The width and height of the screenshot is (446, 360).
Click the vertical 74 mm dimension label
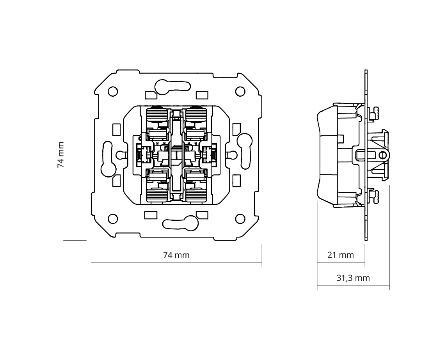point(60,155)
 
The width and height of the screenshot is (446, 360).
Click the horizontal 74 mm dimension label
point(176,255)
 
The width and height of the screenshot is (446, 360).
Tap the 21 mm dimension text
point(341,255)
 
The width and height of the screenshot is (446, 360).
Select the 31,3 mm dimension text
point(353,278)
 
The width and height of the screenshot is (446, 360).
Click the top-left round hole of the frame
point(113,91)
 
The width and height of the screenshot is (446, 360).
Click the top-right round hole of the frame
point(240,91)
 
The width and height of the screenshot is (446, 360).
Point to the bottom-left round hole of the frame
point(113,219)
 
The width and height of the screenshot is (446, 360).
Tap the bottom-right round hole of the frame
point(240,219)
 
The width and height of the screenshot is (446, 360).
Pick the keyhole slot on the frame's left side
point(107,160)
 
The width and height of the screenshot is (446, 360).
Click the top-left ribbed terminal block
point(157,116)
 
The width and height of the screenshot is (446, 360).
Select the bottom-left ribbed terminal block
point(157,194)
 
